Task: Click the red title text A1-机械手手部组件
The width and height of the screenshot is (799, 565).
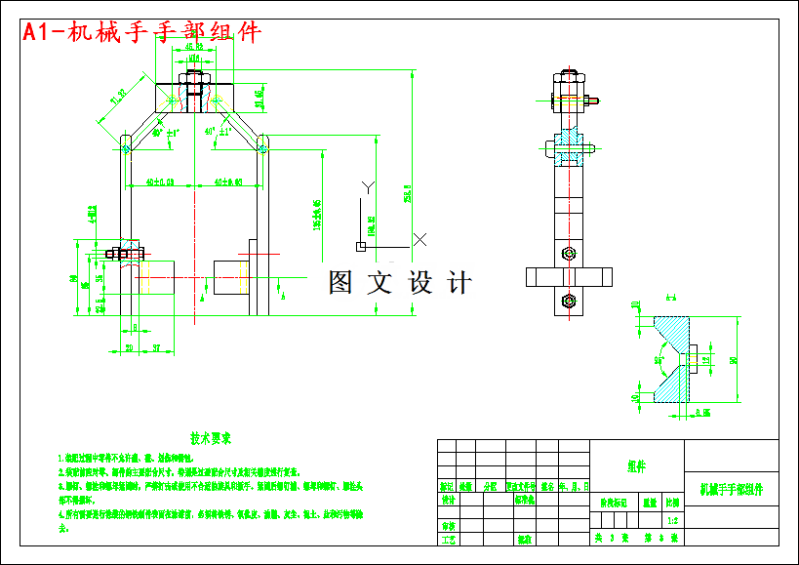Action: click(142, 31)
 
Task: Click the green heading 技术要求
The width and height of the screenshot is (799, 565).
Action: click(211, 439)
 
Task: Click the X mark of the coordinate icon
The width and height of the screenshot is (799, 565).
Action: click(420, 238)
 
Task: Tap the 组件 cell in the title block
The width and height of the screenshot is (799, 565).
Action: click(638, 465)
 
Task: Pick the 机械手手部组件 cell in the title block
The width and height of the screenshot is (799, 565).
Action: click(732, 487)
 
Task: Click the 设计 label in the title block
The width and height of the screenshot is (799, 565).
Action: click(448, 501)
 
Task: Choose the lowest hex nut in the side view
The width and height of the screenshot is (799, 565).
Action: click(569, 301)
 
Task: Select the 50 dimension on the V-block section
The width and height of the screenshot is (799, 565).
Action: click(734, 359)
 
